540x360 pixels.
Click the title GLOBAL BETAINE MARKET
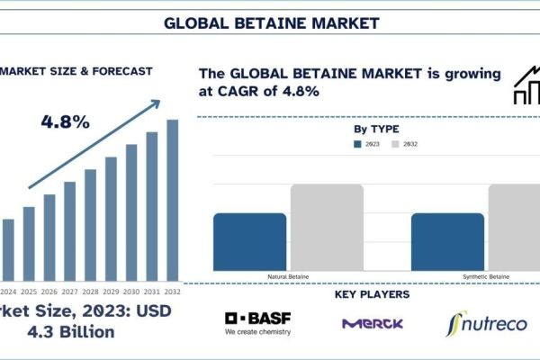(271, 22)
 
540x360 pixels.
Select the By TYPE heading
(377, 130)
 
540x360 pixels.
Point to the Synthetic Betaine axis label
(487, 276)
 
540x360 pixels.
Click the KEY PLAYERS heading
(372, 294)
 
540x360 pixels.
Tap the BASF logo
(257, 323)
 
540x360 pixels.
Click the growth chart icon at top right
(526, 85)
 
